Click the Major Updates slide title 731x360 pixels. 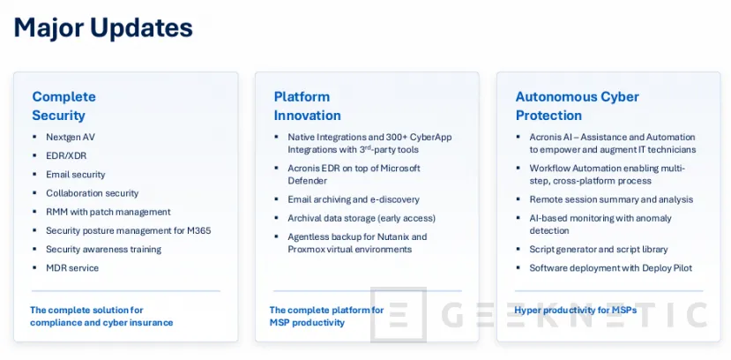pos(103,27)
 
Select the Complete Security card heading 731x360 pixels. pos(63,106)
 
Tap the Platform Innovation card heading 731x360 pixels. pos(307,106)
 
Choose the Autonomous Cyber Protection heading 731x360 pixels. pos(577,106)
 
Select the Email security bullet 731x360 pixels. pos(75,175)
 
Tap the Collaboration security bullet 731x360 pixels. pos(92,193)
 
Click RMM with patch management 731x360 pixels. pos(108,212)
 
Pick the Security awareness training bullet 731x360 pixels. pos(102,249)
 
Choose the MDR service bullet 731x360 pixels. pos(72,267)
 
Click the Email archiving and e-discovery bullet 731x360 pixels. pos(353,199)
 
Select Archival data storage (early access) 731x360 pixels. pos(362,218)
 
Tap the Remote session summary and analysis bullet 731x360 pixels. pos(610,199)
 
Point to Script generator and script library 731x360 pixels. pos(598,249)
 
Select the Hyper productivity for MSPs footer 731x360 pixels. pos(575,310)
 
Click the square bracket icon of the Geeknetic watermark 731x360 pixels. pos(399,313)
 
